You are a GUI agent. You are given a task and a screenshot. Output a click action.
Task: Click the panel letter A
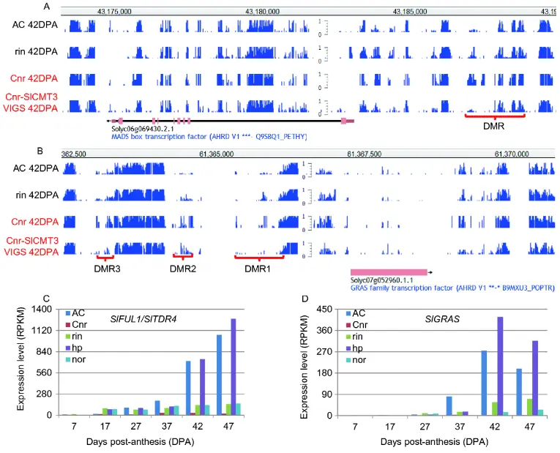[46, 6]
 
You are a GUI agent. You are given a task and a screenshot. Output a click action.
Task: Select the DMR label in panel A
[495, 126]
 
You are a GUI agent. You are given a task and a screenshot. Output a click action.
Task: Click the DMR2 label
[182, 268]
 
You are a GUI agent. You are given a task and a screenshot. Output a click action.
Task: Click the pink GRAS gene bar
[388, 272]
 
